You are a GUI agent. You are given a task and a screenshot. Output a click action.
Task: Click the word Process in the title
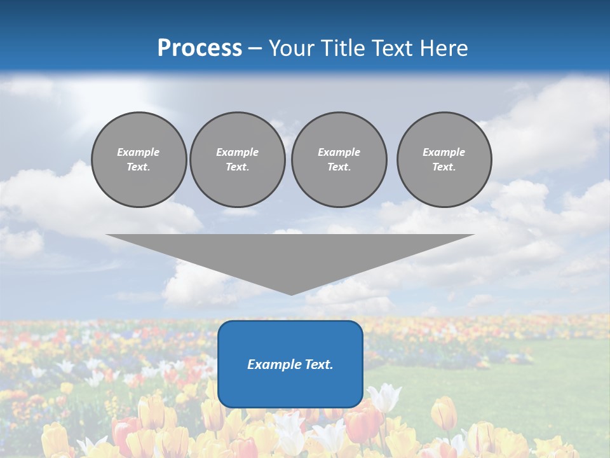click(x=200, y=48)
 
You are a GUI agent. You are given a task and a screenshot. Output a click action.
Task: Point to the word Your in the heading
click(x=292, y=48)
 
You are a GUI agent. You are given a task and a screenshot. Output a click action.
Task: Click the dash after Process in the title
click(x=255, y=49)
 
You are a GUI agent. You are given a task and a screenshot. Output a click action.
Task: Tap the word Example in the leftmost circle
click(x=139, y=152)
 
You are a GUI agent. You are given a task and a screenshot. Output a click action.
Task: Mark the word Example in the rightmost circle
click(x=444, y=152)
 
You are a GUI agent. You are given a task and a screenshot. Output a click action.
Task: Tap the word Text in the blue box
click(x=318, y=364)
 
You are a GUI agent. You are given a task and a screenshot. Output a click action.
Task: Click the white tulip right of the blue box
click(x=384, y=398)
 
